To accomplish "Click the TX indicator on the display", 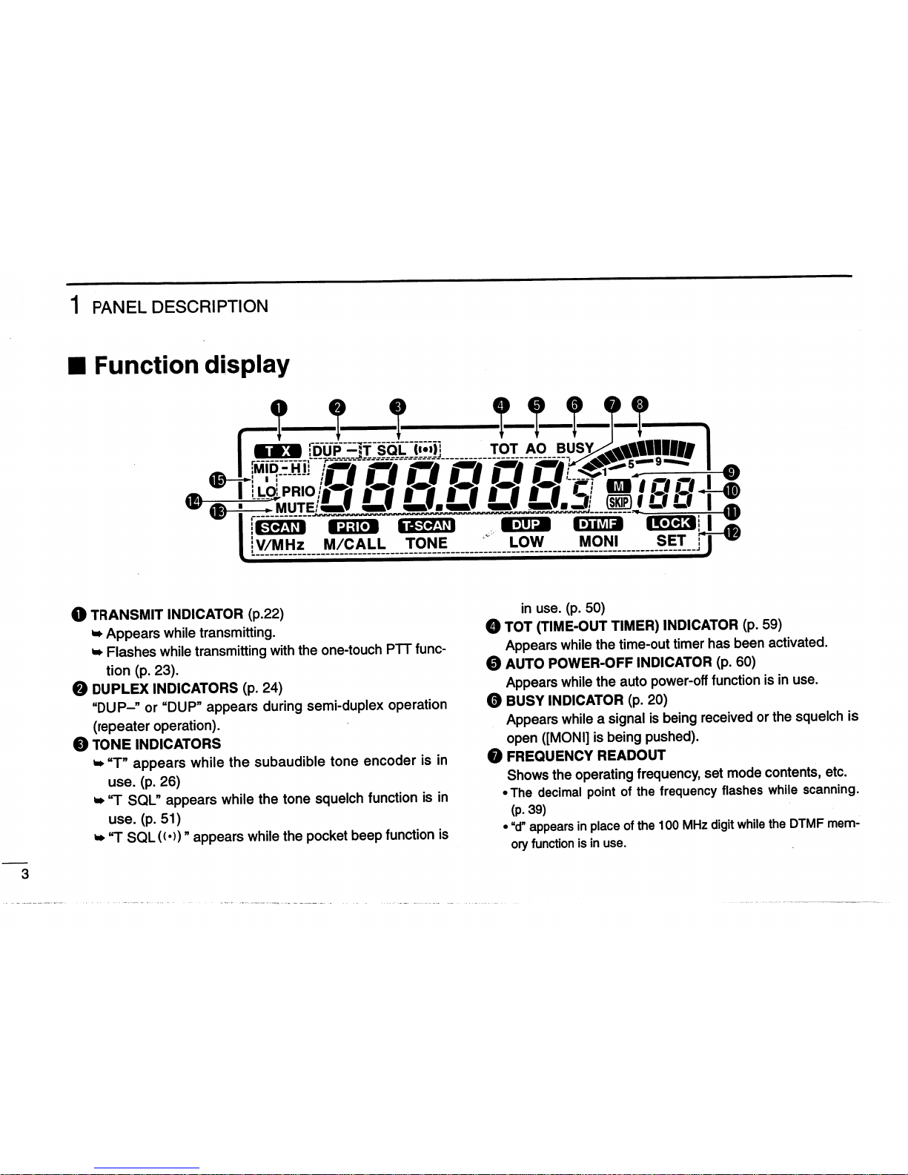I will pos(277,451).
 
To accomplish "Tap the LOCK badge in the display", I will pos(671,523).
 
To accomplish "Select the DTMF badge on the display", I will pos(598,525).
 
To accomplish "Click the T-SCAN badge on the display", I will pos(426,526).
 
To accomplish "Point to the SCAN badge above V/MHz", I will pos(280,527).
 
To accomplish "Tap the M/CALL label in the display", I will pos(354,543).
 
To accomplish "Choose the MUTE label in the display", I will pos(295,507).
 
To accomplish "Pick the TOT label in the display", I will pos(504,449).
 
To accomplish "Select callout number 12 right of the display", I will pos(732,532).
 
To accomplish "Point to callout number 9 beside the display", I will pos(732,472).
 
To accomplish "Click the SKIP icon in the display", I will pos(618,501).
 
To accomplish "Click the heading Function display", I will pos(191,365).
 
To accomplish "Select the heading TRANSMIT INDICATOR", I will pos(167,614).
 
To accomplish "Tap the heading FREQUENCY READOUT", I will pos(586,755).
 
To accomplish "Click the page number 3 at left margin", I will pos(25,874).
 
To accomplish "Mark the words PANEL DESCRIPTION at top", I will pos(180,307).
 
